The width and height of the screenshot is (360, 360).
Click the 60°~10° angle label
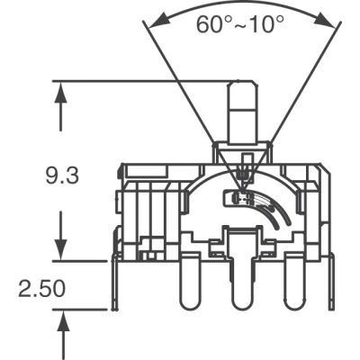point(240,24)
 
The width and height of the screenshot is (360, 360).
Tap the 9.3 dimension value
point(62,175)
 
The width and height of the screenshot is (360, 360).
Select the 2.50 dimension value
point(41,289)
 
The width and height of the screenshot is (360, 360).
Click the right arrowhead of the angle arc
point(325,22)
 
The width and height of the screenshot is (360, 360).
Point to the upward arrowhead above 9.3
point(61,93)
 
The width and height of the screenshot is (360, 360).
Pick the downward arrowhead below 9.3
point(61,249)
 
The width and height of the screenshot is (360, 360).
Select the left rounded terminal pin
point(189,282)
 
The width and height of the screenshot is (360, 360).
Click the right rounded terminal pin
point(295,282)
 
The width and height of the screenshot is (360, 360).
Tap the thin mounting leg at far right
point(331,282)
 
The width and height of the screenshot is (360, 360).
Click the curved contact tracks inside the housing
point(272,210)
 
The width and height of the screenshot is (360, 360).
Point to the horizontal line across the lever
point(243,110)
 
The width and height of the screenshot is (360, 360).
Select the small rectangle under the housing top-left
point(146,170)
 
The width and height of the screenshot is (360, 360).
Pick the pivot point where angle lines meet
point(242,190)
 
